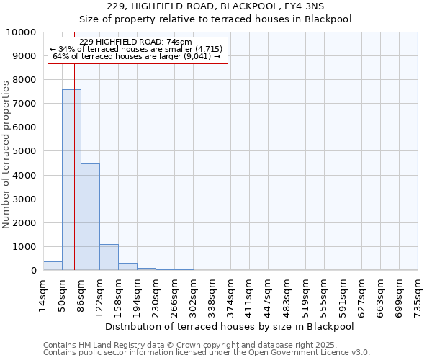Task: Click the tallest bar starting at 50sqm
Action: click(71, 180)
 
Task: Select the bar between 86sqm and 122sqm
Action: click(90, 217)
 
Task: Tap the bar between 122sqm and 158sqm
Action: click(109, 257)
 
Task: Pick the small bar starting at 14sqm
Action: click(53, 266)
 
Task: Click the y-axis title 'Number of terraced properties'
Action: click(6, 155)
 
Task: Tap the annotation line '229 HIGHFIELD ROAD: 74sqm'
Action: click(136, 42)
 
